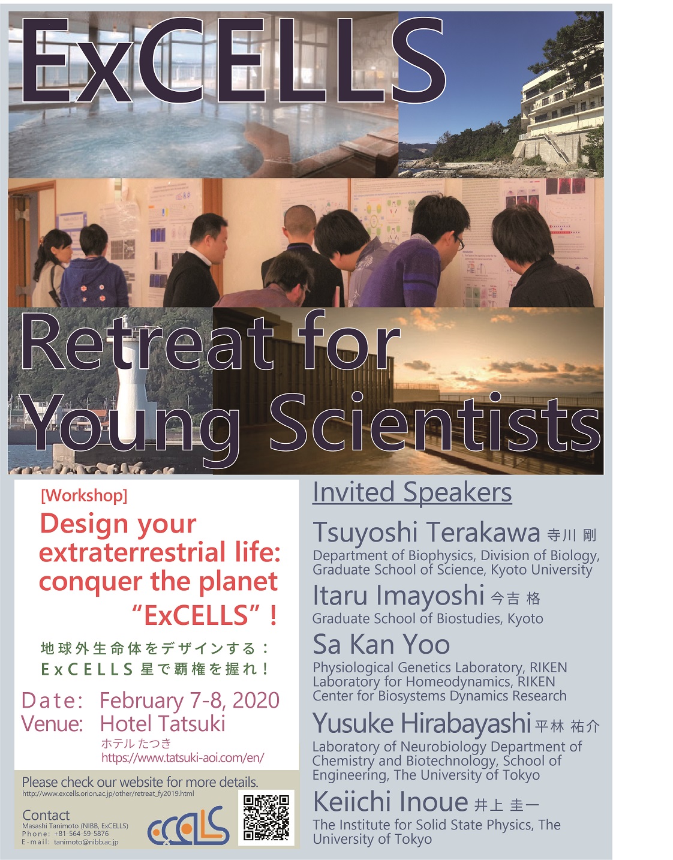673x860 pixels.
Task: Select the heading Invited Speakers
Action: [x=412, y=493]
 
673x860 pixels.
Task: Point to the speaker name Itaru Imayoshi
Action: [x=398, y=596]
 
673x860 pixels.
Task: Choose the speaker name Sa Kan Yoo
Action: [x=381, y=645]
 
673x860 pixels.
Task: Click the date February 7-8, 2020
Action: [x=190, y=701]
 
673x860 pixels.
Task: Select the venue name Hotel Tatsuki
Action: [x=163, y=724]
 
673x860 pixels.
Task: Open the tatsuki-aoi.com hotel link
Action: [x=183, y=757]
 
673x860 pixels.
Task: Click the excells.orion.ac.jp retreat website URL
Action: [x=108, y=793]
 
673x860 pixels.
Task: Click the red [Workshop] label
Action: [x=84, y=496]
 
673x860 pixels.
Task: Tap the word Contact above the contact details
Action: [x=46, y=815]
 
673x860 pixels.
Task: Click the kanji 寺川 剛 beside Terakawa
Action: [x=571, y=536]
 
